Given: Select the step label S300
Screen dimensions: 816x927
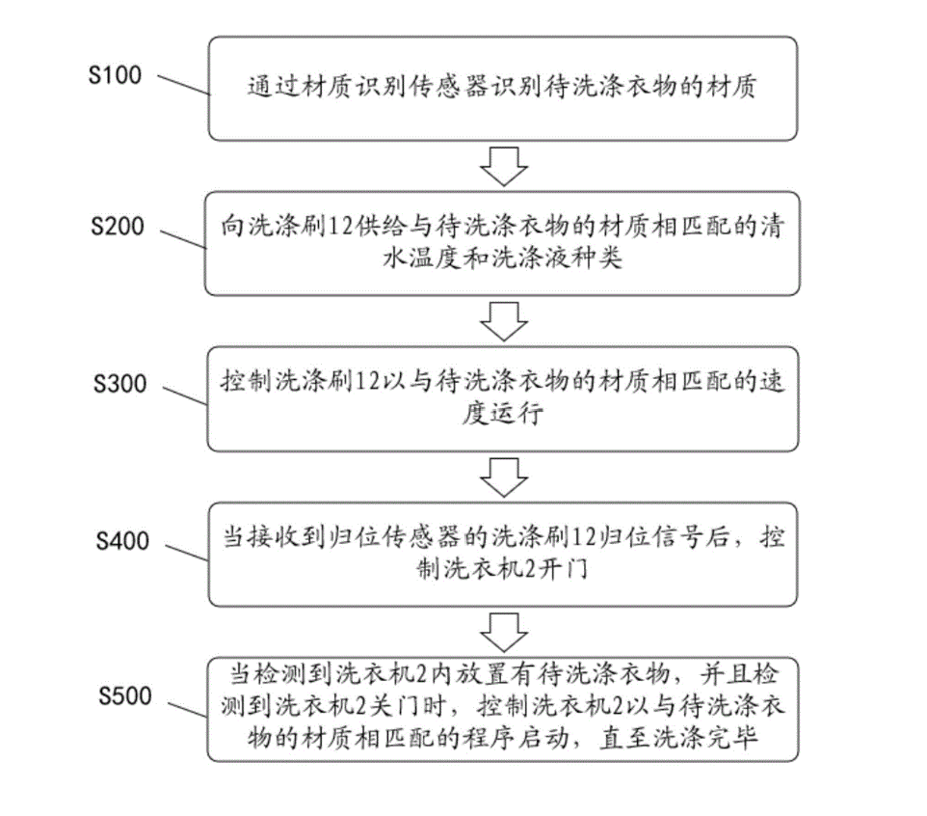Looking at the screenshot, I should coord(116,384).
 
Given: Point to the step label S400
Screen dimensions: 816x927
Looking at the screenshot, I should coord(119,541).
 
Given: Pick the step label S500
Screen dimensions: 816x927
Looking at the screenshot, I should coord(120,695).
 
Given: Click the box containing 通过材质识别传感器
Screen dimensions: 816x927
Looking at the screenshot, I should coord(502,89).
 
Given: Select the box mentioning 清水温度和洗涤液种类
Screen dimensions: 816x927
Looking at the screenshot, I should coord(502,243).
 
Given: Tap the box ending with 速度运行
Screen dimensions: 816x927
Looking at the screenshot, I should coord(502,399).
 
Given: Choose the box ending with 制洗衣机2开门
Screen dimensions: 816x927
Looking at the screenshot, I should coord(502,555).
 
